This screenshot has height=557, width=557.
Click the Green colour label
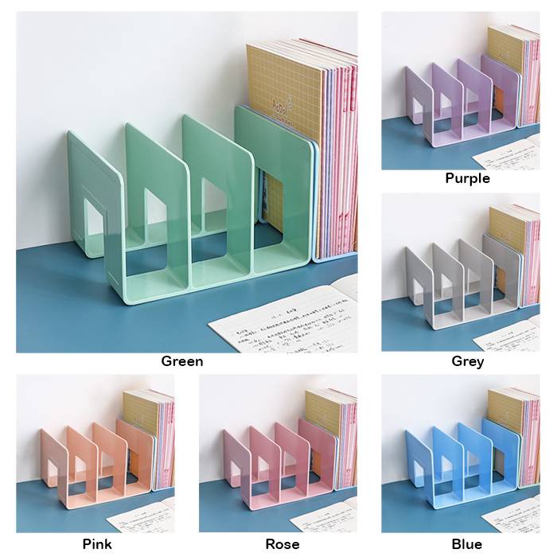[x=181, y=361]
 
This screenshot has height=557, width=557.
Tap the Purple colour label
[x=467, y=178]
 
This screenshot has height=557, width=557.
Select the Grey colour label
[x=467, y=361]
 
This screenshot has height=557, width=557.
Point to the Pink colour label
[x=97, y=544]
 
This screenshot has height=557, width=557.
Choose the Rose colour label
[x=282, y=544]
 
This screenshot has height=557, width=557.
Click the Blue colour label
[x=467, y=544]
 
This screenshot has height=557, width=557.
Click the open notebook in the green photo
[x=286, y=322]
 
